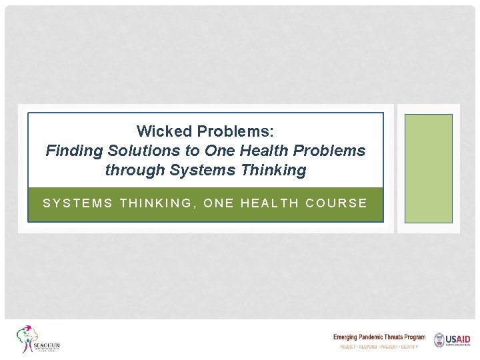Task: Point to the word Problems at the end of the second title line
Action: click(331, 151)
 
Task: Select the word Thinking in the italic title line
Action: click(271, 170)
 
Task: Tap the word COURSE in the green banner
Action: click(336, 203)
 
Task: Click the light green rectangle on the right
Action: click(429, 168)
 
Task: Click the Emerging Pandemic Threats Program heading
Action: click(379, 337)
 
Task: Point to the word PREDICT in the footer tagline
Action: click(347, 347)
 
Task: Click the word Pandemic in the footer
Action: click(371, 337)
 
